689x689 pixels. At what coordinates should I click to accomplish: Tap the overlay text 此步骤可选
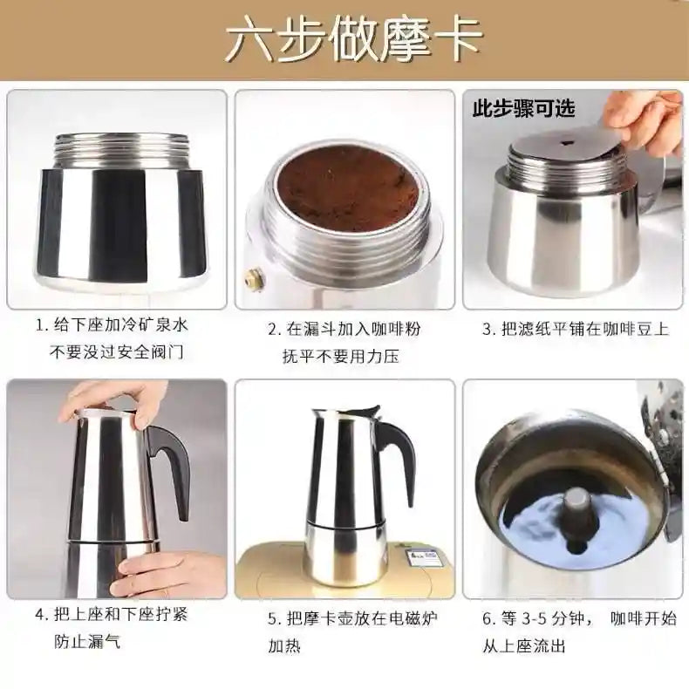pos(523,109)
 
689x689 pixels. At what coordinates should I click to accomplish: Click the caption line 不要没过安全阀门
pos(119,352)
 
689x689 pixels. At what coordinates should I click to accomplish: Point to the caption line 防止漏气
pos(88,642)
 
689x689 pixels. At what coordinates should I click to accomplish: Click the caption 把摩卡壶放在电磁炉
pos(352,618)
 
